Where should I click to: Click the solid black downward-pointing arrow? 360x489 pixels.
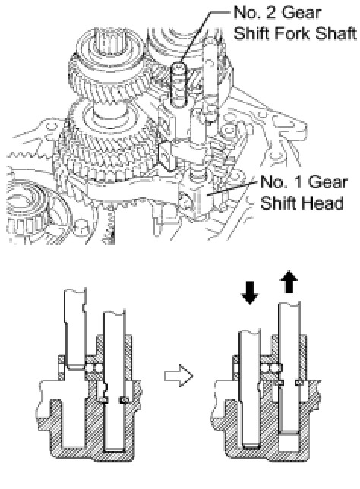250,292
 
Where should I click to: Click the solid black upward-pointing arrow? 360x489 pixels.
290,282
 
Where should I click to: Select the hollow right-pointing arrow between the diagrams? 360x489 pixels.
178,375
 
